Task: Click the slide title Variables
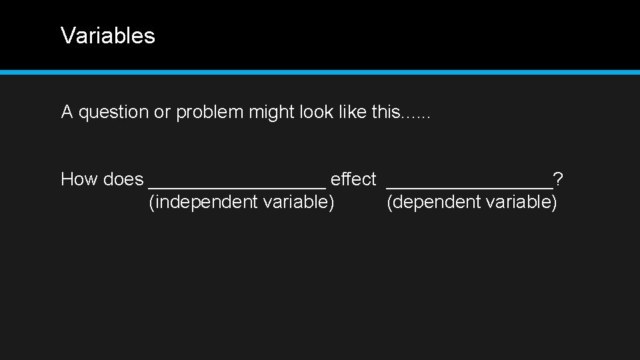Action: pos(107,35)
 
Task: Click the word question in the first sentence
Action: pos(114,112)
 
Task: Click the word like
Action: pos(352,112)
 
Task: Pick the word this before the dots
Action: pos(386,112)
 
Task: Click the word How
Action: pos(75,179)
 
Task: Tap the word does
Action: pos(123,179)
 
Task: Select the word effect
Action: pos(353,179)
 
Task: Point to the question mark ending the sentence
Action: pos(558,179)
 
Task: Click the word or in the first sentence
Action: pos(162,112)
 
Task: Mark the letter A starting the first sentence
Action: pos(67,112)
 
